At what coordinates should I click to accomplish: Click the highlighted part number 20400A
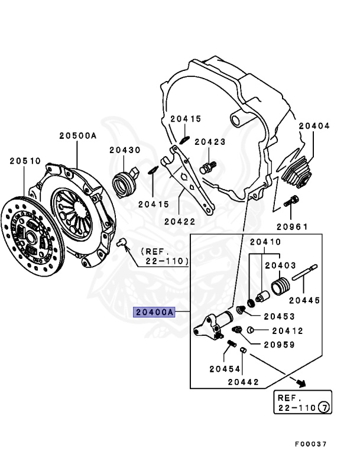pyautogui.click(x=155, y=312)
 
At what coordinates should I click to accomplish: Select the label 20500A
pyautogui.click(x=77, y=135)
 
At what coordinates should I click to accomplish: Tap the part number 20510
pyautogui.click(x=24, y=160)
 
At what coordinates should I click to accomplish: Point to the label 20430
pyautogui.click(x=125, y=150)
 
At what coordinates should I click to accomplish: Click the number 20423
pyautogui.click(x=210, y=142)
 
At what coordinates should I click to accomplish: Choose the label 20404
pyautogui.click(x=314, y=126)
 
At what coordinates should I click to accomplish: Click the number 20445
pyautogui.click(x=304, y=301)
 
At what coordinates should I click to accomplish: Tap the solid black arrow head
pyautogui.click(x=301, y=383)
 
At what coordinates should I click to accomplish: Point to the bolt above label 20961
pyautogui.click(x=290, y=202)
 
